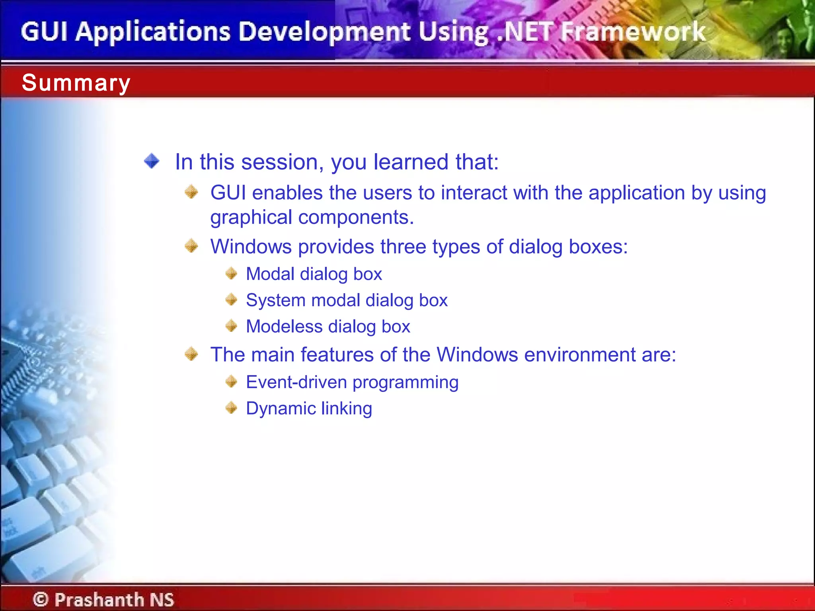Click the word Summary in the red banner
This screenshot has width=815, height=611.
tap(76, 83)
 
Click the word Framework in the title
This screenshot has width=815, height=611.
tap(633, 32)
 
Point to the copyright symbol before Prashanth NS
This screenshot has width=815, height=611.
tap(40, 599)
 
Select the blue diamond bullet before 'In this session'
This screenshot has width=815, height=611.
tap(152, 161)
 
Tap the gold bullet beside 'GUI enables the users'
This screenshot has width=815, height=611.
tap(191, 192)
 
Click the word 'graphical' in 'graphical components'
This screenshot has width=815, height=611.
tap(251, 218)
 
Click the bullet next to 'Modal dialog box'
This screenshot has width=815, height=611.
tap(231, 273)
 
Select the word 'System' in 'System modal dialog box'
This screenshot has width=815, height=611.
tap(275, 300)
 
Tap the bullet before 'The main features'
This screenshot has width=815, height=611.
tap(191, 354)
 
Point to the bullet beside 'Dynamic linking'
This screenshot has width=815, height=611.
tap(231, 408)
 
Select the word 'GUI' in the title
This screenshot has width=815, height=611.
tap(44, 32)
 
